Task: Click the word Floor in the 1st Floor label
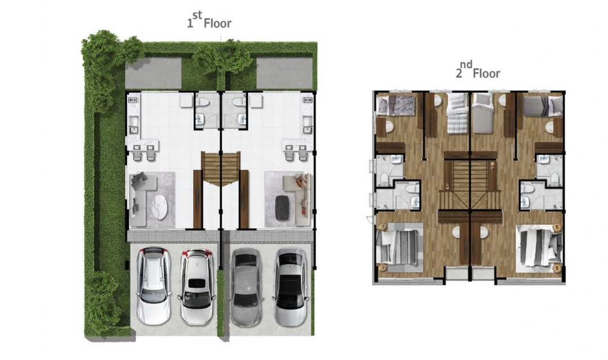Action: pyautogui.click(x=217, y=23)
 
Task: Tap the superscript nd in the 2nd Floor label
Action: pyautogui.click(x=466, y=64)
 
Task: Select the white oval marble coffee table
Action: pyautogui.click(x=159, y=207)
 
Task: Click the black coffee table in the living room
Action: pyautogui.click(x=282, y=207)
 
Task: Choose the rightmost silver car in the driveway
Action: pyautogui.click(x=291, y=287)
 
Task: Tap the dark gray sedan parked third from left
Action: pyautogui.click(x=246, y=287)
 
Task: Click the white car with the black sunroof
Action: pyautogui.click(x=196, y=287)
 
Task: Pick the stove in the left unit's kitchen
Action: pyautogui.click(x=133, y=100)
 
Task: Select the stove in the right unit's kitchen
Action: pyautogui.click(x=307, y=100)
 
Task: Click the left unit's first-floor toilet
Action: pyautogui.click(x=203, y=102)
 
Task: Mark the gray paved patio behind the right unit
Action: pyautogui.click(x=284, y=73)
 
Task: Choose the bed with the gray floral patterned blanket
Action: pyautogui.click(x=396, y=106)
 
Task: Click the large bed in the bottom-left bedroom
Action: pyautogui.click(x=399, y=247)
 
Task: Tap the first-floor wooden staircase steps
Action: pyautogui.click(x=221, y=168)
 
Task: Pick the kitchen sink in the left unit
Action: pyautogui.click(x=133, y=123)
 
